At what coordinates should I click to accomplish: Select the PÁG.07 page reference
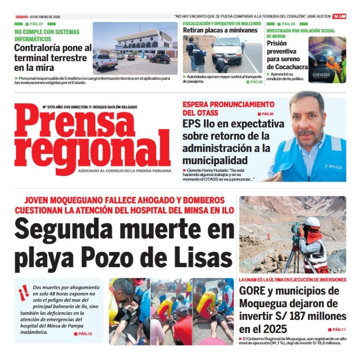36,24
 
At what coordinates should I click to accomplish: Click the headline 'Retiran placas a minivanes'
220,31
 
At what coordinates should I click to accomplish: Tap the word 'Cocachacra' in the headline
287,67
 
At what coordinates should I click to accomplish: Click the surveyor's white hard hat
312,222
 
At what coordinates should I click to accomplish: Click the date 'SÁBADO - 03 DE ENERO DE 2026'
38,17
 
